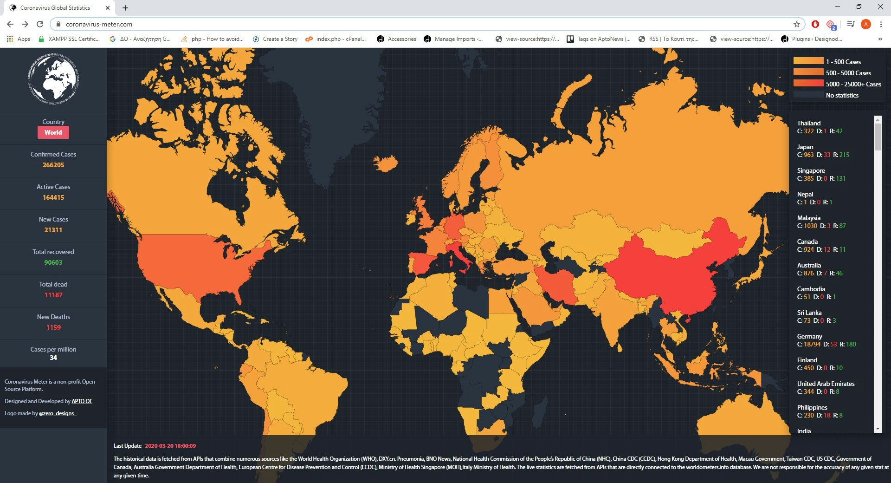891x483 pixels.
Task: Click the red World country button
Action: tap(53, 132)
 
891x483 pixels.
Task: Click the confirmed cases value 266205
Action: tap(53, 165)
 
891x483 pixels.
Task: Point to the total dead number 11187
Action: tap(53, 295)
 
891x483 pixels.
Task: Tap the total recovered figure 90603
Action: tap(53, 262)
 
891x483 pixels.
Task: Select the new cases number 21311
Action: tap(53, 230)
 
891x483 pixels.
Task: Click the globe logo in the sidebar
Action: tap(53, 79)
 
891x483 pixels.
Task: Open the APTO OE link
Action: tap(82, 401)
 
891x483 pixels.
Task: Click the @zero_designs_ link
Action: tap(57, 413)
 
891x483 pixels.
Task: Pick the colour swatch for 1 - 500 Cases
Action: tap(808, 61)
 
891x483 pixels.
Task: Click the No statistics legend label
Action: tap(842, 95)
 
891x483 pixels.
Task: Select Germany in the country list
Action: tap(809, 336)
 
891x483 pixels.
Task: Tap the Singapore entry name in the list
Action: tap(811, 170)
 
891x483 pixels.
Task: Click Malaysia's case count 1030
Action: tap(810, 226)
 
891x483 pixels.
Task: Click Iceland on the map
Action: tap(385, 163)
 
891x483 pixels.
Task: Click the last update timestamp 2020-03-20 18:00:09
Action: tap(170, 446)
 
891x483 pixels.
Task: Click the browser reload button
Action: tap(40, 24)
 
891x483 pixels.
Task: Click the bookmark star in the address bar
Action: tap(797, 24)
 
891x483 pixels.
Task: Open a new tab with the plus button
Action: tap(125, 8)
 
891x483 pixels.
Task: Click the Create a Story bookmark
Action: tap(280, 39)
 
